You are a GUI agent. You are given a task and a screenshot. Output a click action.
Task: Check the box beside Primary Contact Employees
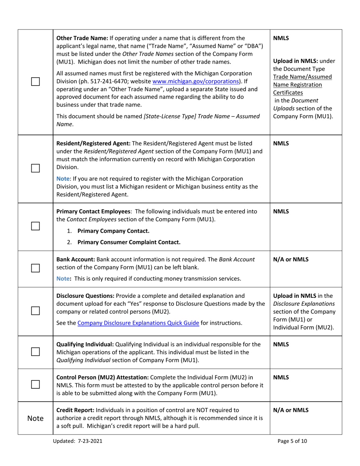tap(35, 226)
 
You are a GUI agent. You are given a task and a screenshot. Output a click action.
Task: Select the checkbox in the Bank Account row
tap(35, 269)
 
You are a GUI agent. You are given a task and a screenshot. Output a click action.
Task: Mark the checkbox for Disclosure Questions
tap(35, 310)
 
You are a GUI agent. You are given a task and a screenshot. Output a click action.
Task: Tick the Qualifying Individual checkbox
tap(35, 352)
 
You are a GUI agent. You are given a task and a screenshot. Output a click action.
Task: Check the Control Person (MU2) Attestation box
tap(35, 385)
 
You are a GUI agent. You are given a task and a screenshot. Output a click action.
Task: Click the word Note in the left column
tap(35, 418)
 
